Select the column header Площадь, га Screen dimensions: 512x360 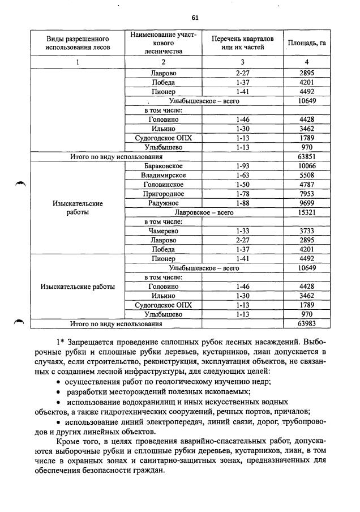click(306, 43)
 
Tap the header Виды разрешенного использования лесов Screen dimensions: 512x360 click(76, 42)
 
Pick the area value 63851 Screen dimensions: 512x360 click(306, 156)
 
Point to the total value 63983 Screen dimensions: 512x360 click(306, 324)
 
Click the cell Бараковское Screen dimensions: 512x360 click(163, 166)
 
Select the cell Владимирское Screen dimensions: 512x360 click(163, 175)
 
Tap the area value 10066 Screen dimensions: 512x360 click(306, 166)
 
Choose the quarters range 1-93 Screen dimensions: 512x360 click(242, 166)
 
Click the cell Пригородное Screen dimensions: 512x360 click(163, 194)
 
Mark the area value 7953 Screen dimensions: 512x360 click(306, 194)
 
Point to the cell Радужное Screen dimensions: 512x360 click(163, 203)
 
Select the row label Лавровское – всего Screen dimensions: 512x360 click(204, 212)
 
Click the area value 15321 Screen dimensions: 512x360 click(306, 212)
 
